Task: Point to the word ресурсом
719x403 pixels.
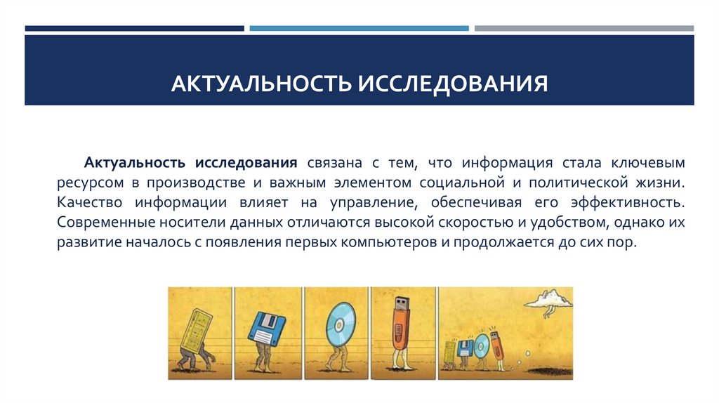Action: (88, 183)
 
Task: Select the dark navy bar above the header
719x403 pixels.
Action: (134, 29)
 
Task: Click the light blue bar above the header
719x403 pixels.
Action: (359, 29)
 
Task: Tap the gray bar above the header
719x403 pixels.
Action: (583, 29)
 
